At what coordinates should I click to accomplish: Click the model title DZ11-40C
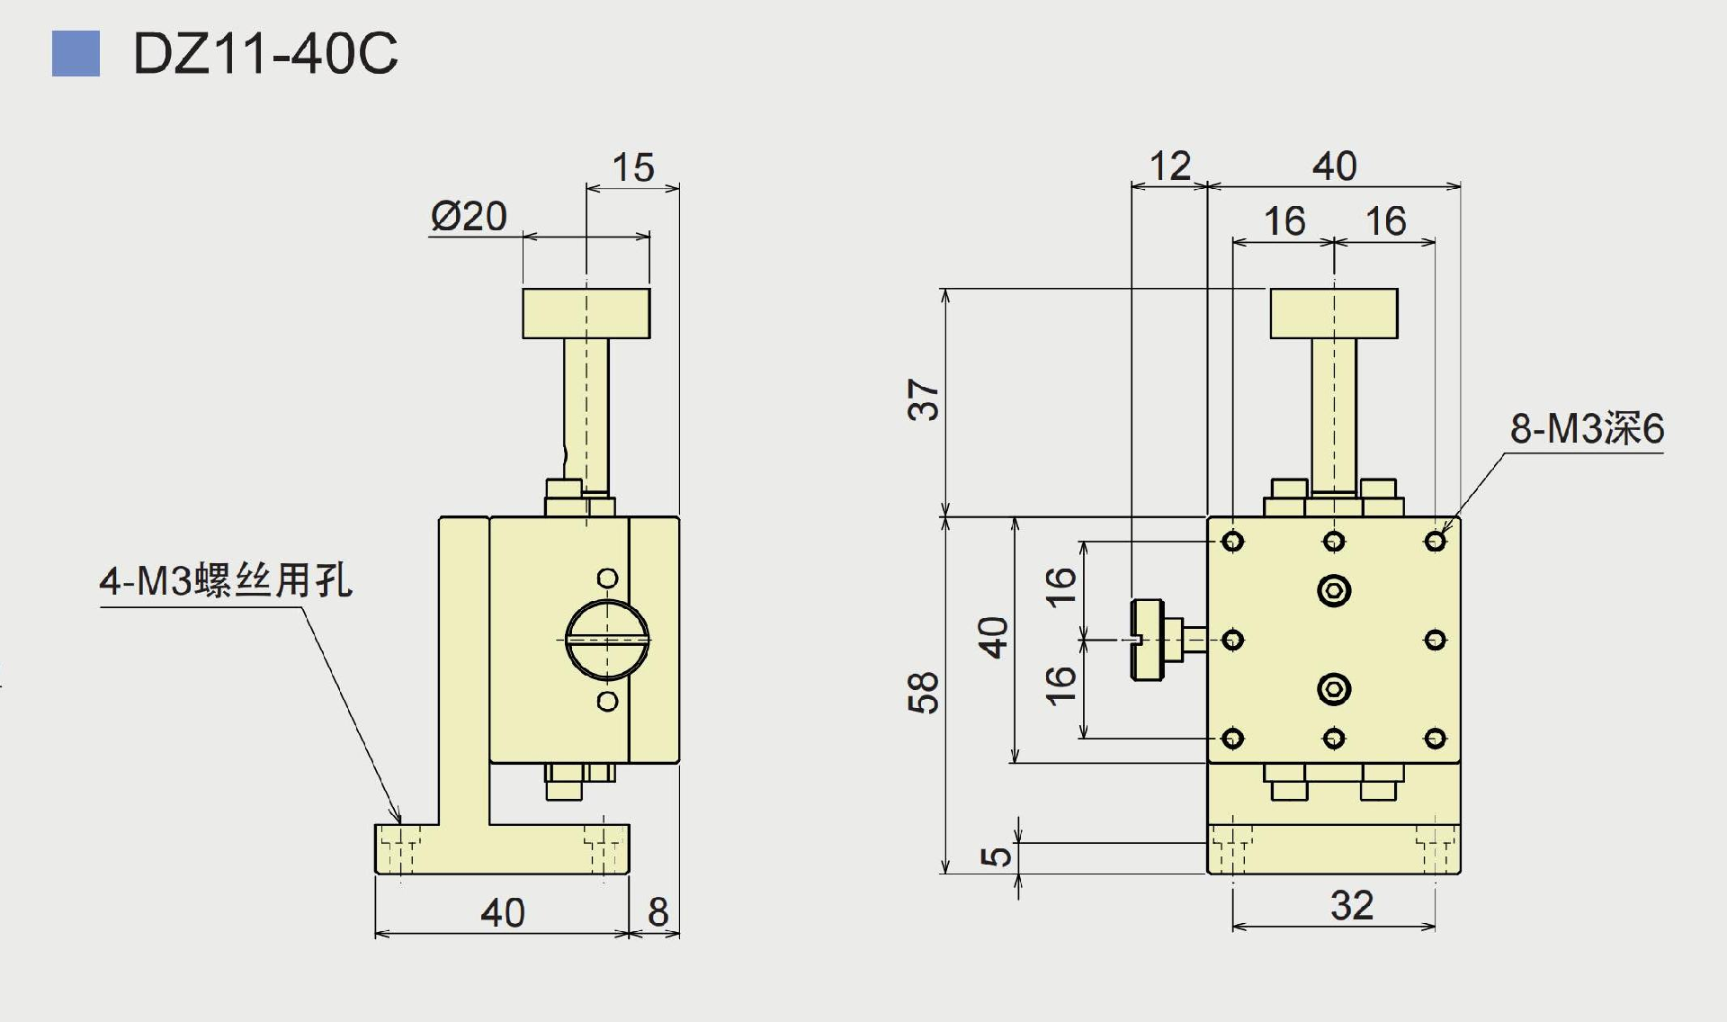point(264,54)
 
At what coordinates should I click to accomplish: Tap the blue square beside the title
point(76,54)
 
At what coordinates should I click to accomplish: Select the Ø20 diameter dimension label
point(469,216)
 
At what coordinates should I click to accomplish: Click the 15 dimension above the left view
point(632,167)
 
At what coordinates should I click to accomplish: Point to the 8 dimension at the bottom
point(658,912)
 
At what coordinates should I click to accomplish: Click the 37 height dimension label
point(924,399)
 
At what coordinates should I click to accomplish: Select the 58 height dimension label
point(924,693)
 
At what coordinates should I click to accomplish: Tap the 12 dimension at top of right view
point(1169,166)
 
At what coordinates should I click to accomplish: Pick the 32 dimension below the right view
point(1352,905)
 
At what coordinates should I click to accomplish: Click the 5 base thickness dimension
point(996,856)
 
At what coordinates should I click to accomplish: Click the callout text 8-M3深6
point(1587,428)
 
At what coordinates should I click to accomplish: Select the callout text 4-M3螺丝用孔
point(226,580)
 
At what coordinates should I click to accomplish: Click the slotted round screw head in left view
point(607,640)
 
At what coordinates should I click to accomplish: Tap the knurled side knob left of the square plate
point(1149,640)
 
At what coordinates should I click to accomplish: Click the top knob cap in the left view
point(586,313)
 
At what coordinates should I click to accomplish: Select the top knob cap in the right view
point(1334,313)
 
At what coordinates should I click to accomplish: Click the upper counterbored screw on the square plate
point(1334,591)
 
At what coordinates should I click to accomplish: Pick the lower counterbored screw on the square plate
point(1334,689)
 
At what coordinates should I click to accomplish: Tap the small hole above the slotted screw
point(607,578)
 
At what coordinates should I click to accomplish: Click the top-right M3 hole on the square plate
point(1436,542)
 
